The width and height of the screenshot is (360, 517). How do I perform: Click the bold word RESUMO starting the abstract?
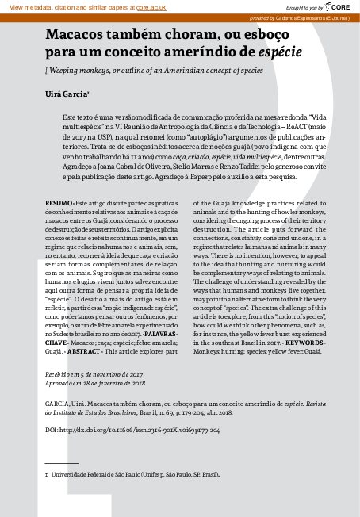tap(56, 203)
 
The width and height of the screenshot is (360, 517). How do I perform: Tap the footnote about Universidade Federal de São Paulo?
tap(135, 473)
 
